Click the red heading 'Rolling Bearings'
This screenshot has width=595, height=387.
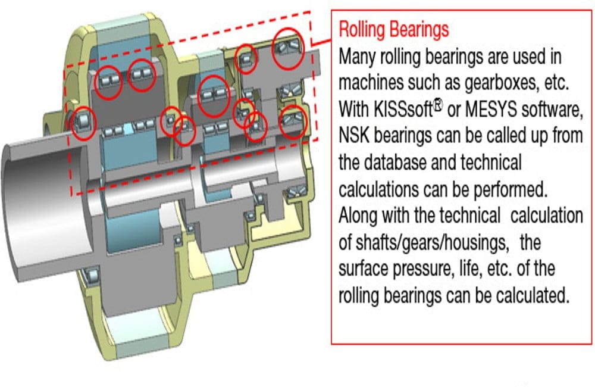click(x=393, y=29)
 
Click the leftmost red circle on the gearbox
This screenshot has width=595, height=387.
click(x=84, y=123)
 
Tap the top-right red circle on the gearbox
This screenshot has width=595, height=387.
click(x=289, y=47)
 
